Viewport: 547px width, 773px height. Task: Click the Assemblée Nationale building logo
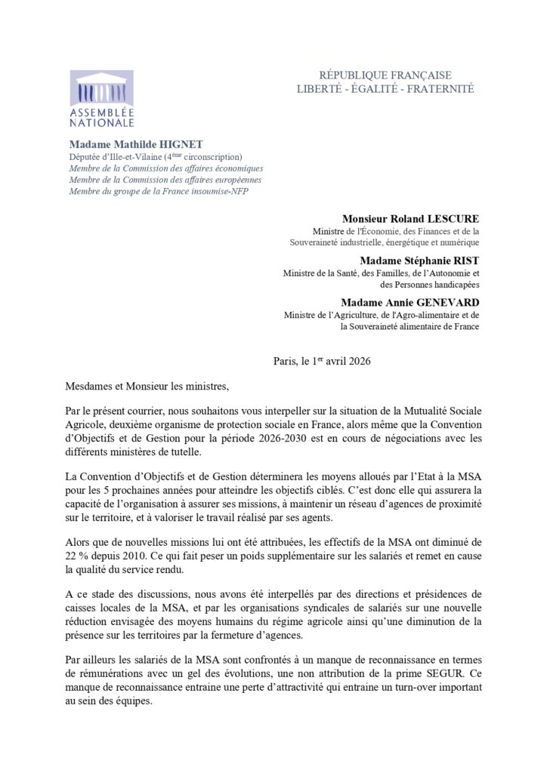pos(102,88)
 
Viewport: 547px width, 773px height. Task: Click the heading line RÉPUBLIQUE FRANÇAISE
pos(385,75)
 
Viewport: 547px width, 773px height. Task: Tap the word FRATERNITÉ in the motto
pos(440,89)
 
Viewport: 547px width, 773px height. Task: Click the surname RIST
pos(464,259)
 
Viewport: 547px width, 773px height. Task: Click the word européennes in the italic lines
pos(233,180)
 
